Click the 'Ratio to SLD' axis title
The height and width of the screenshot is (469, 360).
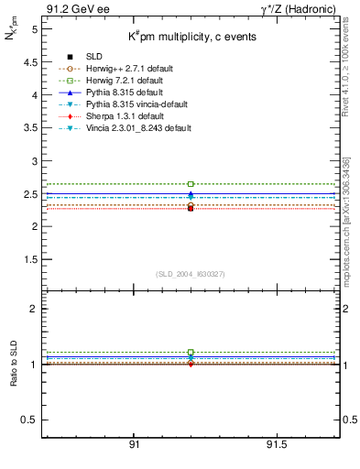click(x=14, y=364)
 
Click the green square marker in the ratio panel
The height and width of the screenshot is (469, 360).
click(x=191, y=353)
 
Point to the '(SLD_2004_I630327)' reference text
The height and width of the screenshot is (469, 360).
click(x=190, y=274)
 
